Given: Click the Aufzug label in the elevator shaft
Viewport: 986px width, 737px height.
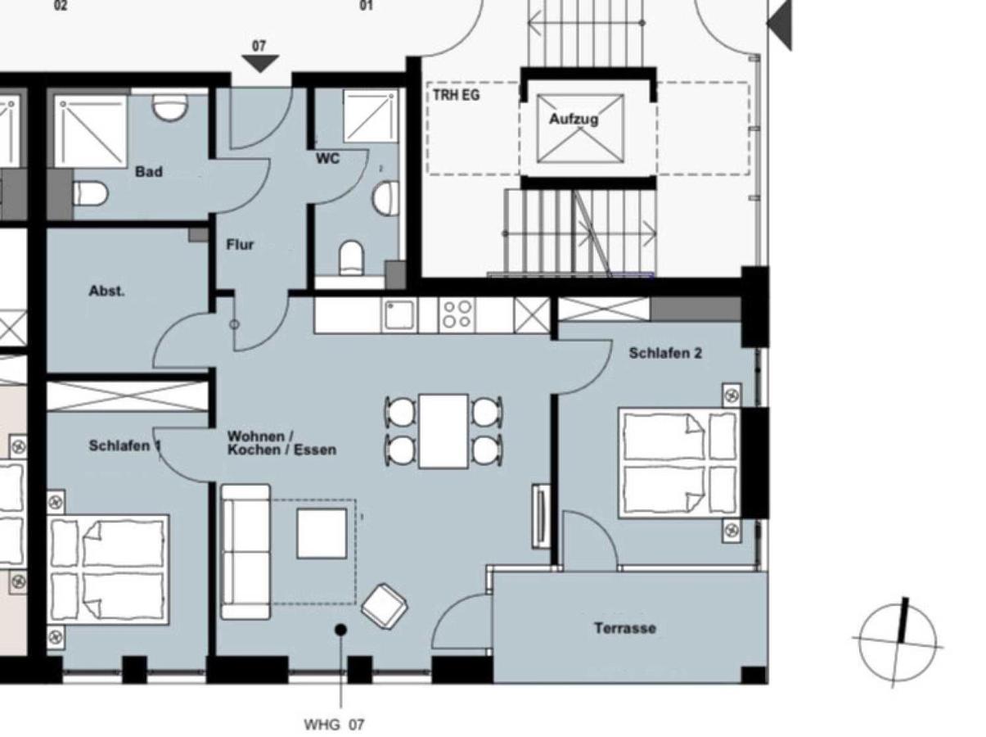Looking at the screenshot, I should click(x=574, y=119).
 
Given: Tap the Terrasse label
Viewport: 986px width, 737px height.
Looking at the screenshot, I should click(x=624, y=628).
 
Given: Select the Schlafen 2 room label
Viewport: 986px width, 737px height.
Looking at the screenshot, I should click(x=665, y=353).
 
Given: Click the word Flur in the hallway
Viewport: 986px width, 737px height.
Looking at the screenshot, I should click(x=240, y=244).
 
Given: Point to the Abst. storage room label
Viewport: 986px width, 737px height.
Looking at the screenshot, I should click(x=107, y=291).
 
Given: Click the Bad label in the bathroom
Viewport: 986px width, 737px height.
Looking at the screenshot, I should click(x=149, y=172).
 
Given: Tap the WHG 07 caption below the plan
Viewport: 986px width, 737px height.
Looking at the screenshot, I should click(x=334, y=725).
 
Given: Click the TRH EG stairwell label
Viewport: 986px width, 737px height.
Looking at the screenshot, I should click(x=457, y=96).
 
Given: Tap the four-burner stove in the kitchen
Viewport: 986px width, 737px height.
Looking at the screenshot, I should click(x=456, y=314).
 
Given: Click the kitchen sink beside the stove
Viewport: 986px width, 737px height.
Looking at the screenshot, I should click(x=399, y=314).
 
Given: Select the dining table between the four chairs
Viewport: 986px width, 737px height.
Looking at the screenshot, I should click(x=443, y=431).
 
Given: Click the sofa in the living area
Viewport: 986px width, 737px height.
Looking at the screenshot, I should click(x=245, y=551).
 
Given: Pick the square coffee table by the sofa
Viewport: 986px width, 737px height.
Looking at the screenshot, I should click(x=322, y=533).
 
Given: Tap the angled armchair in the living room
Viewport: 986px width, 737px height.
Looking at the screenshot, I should click(x=384, y=606).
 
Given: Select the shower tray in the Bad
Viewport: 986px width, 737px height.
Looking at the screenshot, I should click(x=90, y=131).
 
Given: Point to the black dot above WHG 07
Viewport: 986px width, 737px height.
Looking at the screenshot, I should click(x=341, y=629).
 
